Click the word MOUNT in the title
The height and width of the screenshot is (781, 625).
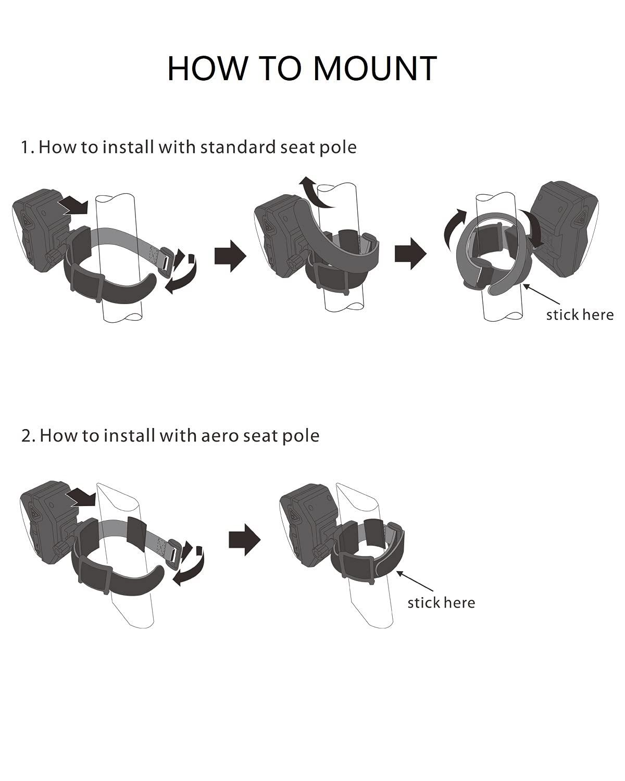375,68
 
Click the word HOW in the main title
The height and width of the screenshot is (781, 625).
207,68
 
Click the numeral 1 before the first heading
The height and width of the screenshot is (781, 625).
24,147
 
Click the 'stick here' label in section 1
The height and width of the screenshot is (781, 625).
580,315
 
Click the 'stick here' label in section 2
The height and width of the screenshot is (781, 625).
441,603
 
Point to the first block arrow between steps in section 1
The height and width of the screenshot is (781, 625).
230,256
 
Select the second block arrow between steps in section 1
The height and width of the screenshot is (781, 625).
410,254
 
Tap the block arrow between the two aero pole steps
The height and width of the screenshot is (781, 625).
244,540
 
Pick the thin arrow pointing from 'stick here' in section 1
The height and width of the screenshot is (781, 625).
542,295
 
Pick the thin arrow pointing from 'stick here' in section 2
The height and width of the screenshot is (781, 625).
415,582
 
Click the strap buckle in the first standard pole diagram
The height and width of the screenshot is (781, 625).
167,257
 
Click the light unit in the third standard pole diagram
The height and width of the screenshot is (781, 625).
564,230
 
